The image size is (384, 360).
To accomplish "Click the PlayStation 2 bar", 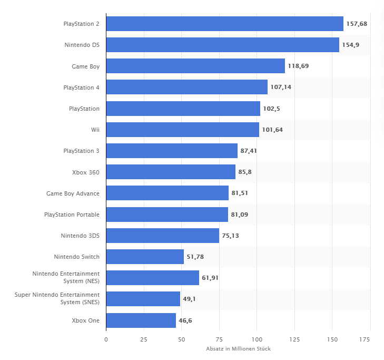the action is (225, 24).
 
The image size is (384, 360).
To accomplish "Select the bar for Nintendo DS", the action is (223, 45).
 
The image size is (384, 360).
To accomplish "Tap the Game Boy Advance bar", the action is (168, 193).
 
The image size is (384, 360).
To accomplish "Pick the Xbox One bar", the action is (141, 320).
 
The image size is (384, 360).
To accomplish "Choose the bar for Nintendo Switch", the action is (145, 257).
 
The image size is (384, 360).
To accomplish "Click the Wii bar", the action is (183, 130).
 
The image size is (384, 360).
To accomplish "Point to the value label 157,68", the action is (357, 24).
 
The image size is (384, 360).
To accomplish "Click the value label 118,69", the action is (298, 66).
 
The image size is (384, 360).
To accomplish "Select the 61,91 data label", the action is (210, 278).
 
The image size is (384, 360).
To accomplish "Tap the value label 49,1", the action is (189, 299).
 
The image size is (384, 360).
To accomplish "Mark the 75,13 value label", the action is (230, 236).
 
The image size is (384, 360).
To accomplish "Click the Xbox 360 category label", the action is (86, 172).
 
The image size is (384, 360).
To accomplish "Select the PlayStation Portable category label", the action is (72, 215).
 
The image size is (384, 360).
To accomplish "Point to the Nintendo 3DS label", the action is (80, 236).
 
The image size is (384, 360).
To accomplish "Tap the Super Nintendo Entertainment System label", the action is (57, 298).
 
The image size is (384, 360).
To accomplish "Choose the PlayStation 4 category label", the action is (81, 87).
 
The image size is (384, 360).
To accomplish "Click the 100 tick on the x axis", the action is (257, 339).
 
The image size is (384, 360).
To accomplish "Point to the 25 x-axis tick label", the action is (144, 339).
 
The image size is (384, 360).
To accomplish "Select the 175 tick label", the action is (365, 339).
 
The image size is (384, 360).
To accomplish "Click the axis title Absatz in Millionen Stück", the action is (238, 349).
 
